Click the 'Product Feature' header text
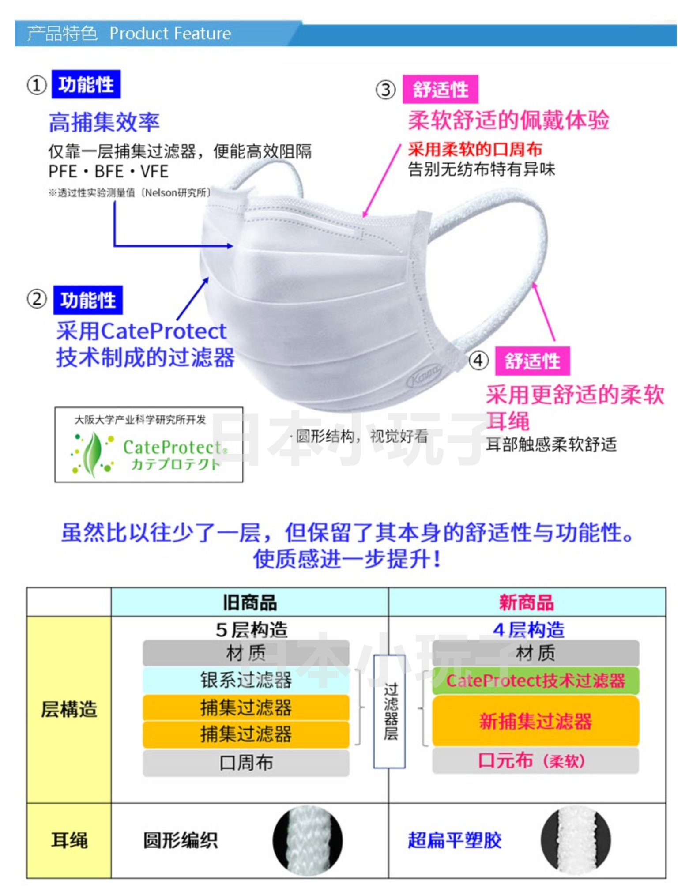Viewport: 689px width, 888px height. point(170,34)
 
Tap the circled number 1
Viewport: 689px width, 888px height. point(37,85)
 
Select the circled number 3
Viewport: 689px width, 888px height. point(385,90)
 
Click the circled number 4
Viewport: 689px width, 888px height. point(478,361)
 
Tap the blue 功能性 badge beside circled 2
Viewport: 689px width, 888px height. point(88,300)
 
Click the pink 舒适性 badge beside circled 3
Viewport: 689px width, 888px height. point(440,90)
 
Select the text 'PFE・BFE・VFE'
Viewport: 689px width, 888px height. point(108,171)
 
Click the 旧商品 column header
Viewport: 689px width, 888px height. point(249,602)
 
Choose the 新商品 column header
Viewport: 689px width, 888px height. point(526,602)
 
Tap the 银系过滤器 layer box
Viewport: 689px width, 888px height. point(246,680)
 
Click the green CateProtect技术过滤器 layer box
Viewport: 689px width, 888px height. point(535,681)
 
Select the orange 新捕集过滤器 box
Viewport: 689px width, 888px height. point(535,721)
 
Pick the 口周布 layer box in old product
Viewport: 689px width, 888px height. point(246,762)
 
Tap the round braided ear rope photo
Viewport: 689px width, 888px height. point(308,841)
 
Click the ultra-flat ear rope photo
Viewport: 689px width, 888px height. point(576,841)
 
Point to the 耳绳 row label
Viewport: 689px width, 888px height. point(69,840)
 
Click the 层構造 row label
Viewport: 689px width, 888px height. point(69,709)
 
